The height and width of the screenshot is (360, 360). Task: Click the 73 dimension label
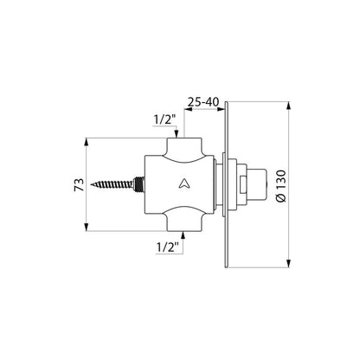pyautogui.click(x=80, y=184)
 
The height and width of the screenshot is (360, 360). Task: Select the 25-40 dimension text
pyautogui.click(x=203, y=102)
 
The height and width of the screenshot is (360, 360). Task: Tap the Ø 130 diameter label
pyautogui.click(x=281, y=186)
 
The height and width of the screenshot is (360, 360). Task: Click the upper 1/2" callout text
pyautogui.click(x=164, y=120)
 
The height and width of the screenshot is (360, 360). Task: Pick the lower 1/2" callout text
pyautogui.click(x=167, y=247)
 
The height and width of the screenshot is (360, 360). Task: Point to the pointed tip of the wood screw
pyautogui.click(x=91, y=184)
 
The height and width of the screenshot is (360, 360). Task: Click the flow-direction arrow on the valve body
pyautogui.click(x=183, y=183)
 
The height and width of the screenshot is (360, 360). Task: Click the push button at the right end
pyautogui.click(x=257, y=184)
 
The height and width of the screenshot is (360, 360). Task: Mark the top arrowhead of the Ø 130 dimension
pyautogui.click(x=288, y=106)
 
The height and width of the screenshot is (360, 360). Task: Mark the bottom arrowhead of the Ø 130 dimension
pyautogui.click(x=288, y=263)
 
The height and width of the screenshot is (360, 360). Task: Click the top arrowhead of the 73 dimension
pyautogui.click(x=87, y=142)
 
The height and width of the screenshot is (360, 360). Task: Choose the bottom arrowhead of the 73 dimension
pyautogui.click(x=87, y=227)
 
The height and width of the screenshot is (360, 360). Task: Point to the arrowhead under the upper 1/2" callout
pyautogui.click(x=177, y=133)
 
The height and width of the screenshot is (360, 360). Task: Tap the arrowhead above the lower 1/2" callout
pyautogui.click(x=183, y=235)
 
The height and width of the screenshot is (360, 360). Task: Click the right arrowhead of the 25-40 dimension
pyautogui.click(x=221, y=109)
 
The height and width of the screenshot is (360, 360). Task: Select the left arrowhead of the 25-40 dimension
pyautogui.click(x=189, y=109)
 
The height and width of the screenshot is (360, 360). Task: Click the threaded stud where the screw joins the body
pyautogui.click(x=139, y=184)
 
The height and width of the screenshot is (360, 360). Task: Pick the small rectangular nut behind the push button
pyautogui.click(x=243, y=184)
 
